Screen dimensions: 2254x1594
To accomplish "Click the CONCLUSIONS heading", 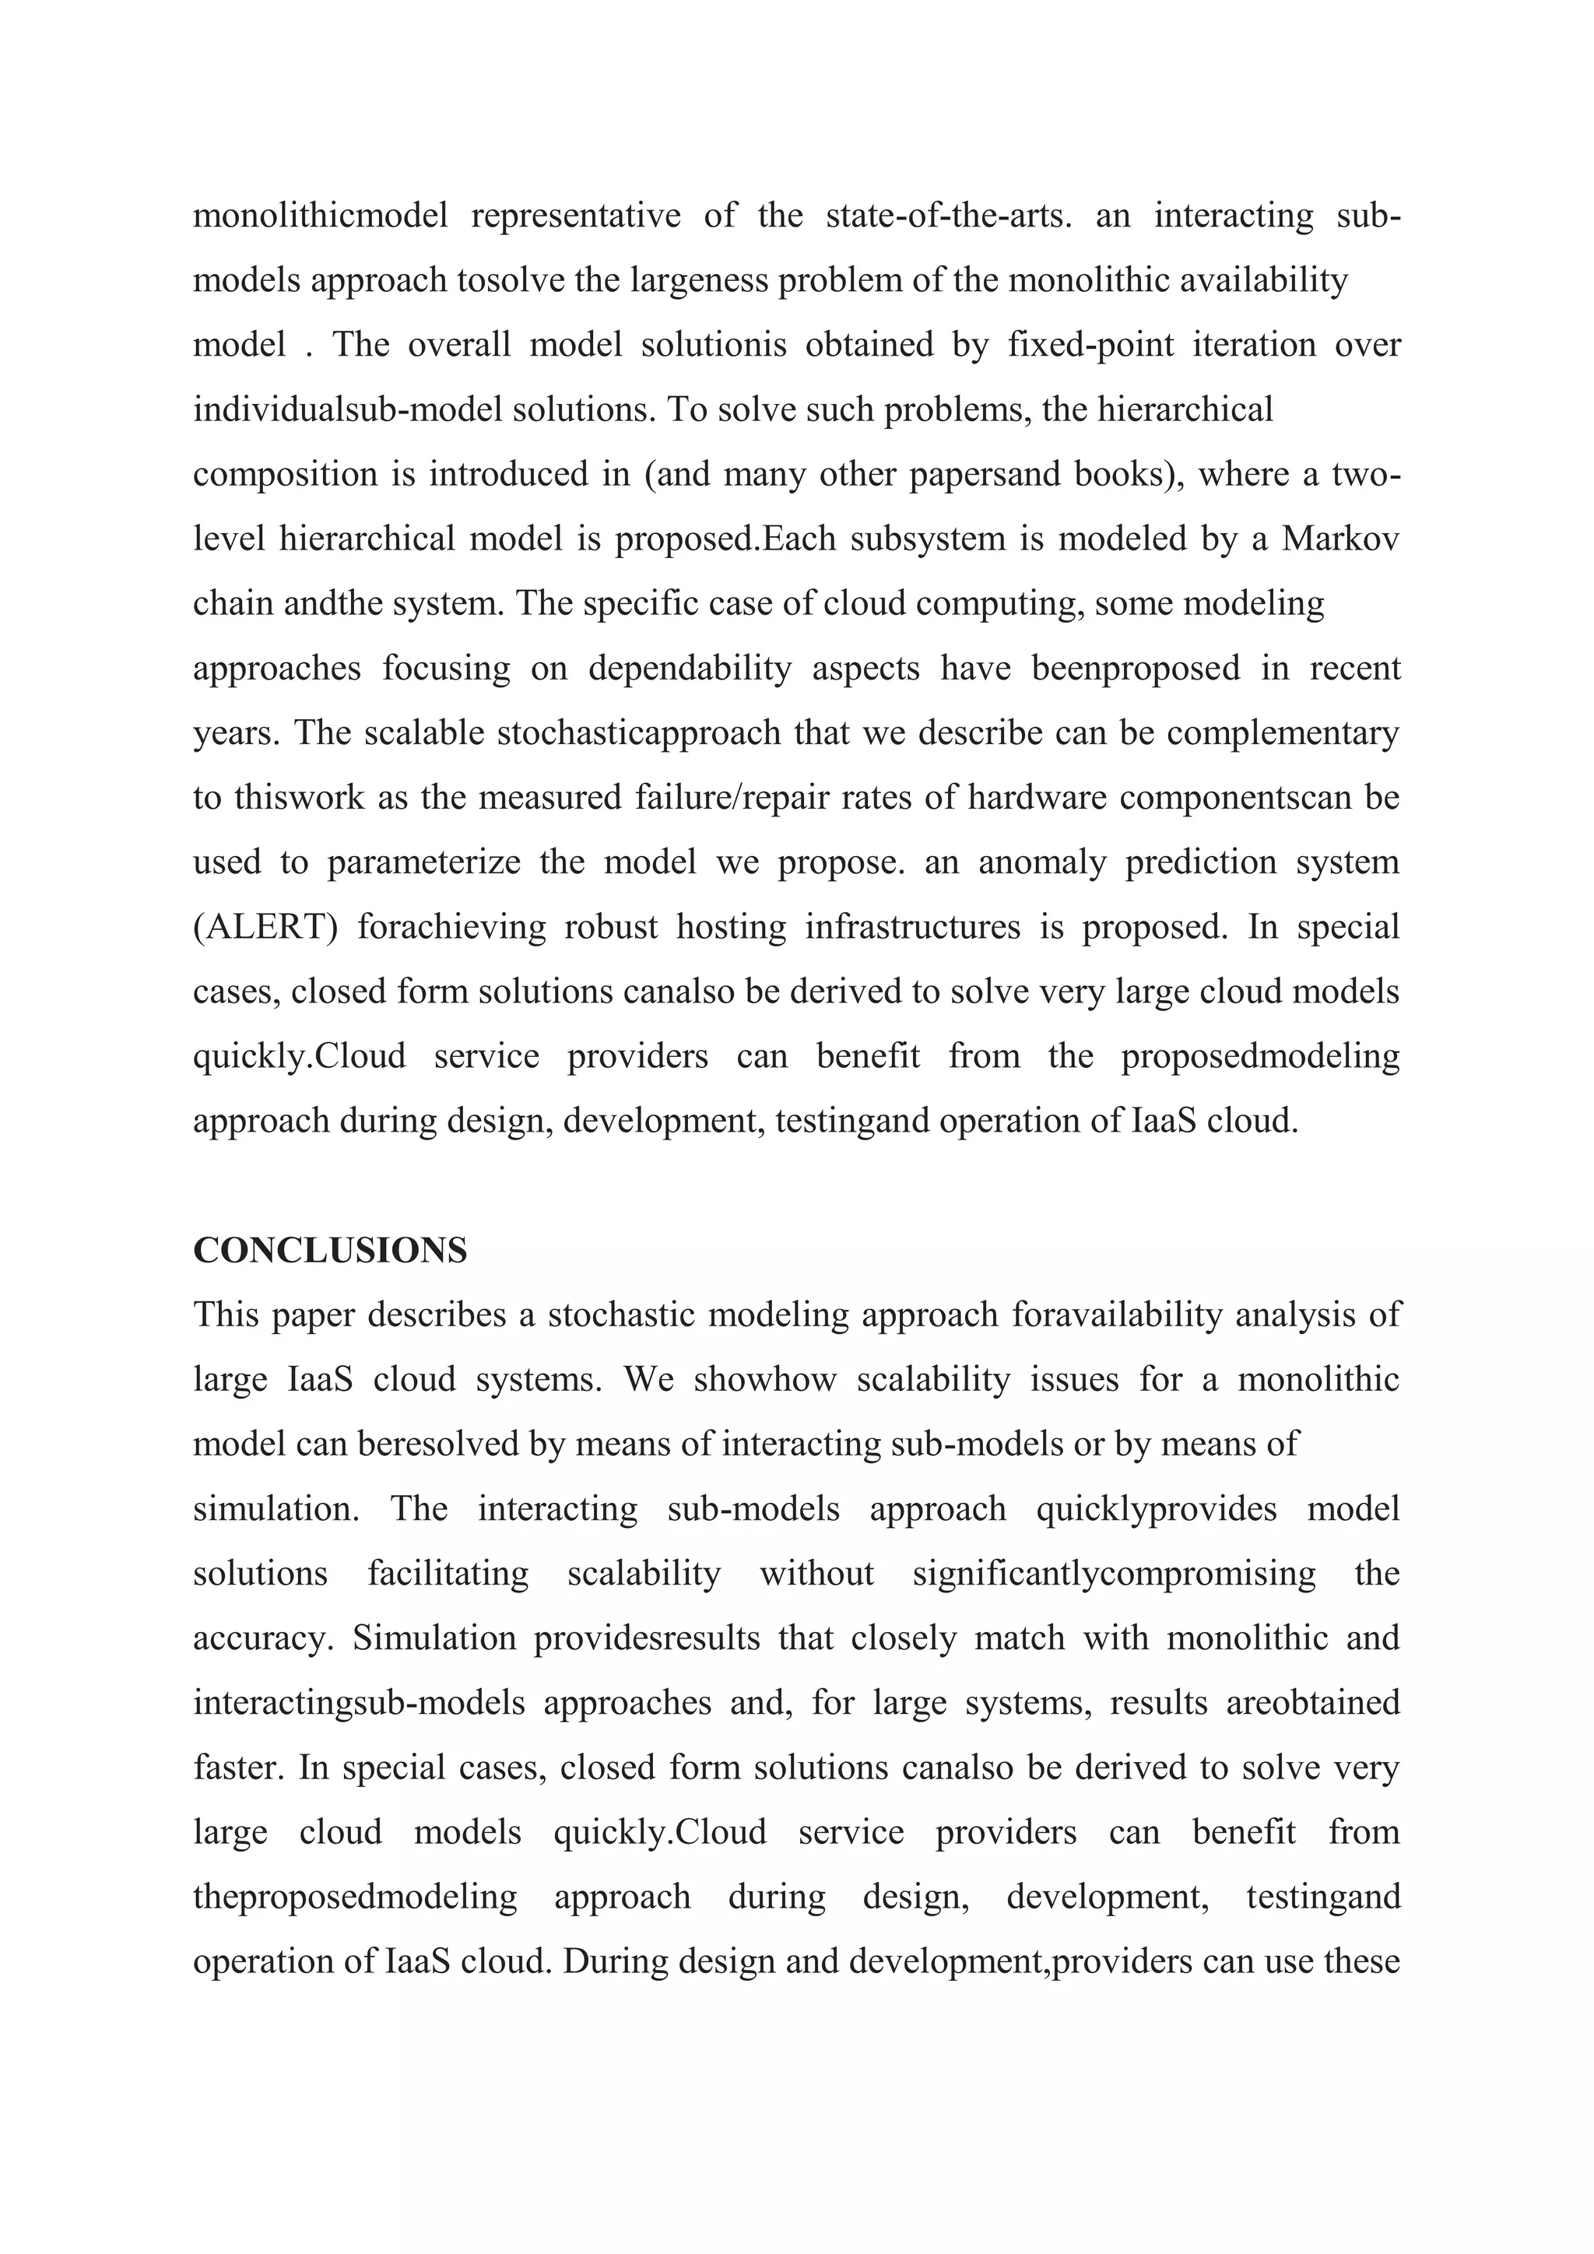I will tap(330, 1251).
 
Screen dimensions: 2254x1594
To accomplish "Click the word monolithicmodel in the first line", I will tap(320, 215).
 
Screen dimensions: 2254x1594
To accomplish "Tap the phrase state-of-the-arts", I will tap(948, 215).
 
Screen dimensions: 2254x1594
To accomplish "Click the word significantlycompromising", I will tap(1114, 1574).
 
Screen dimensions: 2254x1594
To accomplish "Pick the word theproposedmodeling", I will tap(356, 1897).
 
